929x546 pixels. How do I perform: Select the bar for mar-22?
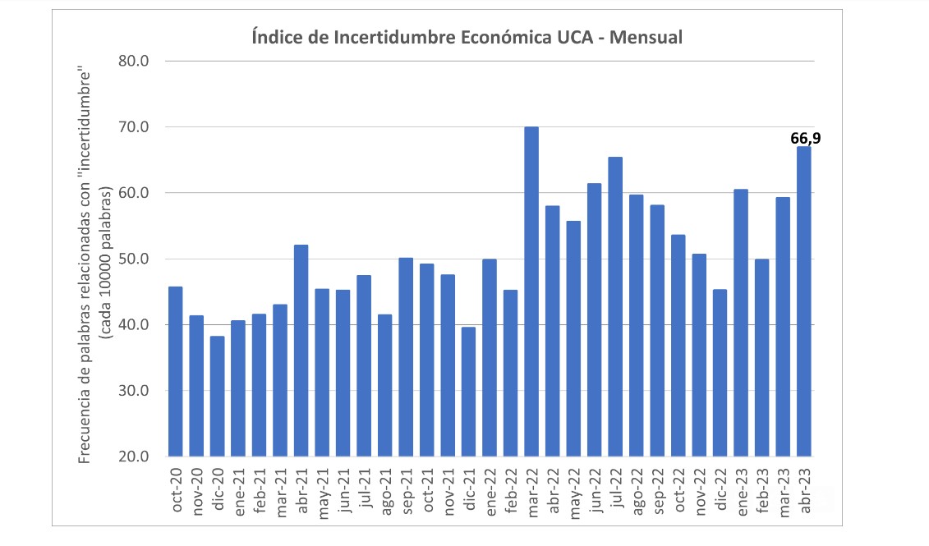(x=531, y=291)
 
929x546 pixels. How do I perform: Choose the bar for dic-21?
(x=468, y=392)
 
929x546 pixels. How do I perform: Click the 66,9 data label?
(x=805, y=139)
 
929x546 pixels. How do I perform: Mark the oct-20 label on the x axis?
(x=176, y=490)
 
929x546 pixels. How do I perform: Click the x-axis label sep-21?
(x=406, y=490)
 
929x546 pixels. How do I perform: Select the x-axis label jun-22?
(x=595, y=490)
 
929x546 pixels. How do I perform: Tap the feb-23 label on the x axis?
(x=762, y=490)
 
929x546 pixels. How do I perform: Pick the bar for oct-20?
(x=175, y=371)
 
